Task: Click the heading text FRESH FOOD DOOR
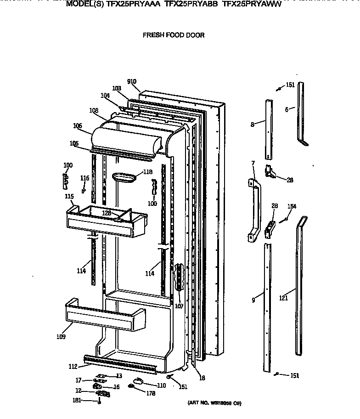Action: click(x=174, y=35)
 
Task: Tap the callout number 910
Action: click(x=132, y=82)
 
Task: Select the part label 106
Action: click(x=77, y=125)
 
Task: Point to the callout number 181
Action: click(x=78, y=400)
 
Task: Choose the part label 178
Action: click(x=151, y=394)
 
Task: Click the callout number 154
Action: click(x=292, y=207)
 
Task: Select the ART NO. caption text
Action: click(x=214, y=403)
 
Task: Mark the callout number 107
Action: click(x=179, y=306)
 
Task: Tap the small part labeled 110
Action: click(x=138, y=380)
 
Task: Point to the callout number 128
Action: click(x=107, y=213)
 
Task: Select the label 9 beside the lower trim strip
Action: click(x=253, y=300)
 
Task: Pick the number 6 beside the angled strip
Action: click(x=287, y=109)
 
